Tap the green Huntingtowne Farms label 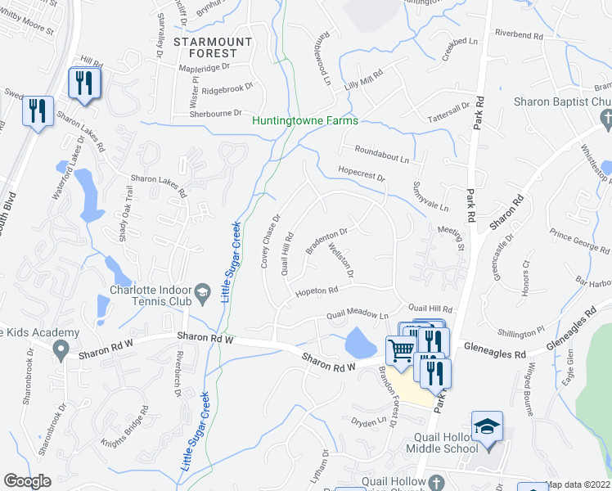pyautogui.click(x=305, y=120)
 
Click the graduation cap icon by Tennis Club pyautogui.click(x=201, y=292)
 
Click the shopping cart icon pyautogui.click(x=400, y=350)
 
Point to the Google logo pyautogui.click(x=27, y=481)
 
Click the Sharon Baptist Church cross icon pyautogui.click(x=606, y=120)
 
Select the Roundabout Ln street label pyautogui.click(x=381, y=151)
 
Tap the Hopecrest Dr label pyautogui.click(x=361, y=174)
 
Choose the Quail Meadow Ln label pyautogui.click(x=358, y=314)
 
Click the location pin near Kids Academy pyautogui.click(x=60, y=349)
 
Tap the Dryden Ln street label pyautogui.click(x=367, y=421)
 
